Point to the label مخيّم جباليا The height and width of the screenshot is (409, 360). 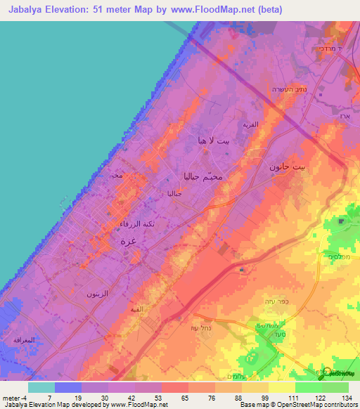202,176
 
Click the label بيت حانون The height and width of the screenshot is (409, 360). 289,167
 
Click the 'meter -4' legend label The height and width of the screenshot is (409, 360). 13,398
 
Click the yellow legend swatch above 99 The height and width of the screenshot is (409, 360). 255,387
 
